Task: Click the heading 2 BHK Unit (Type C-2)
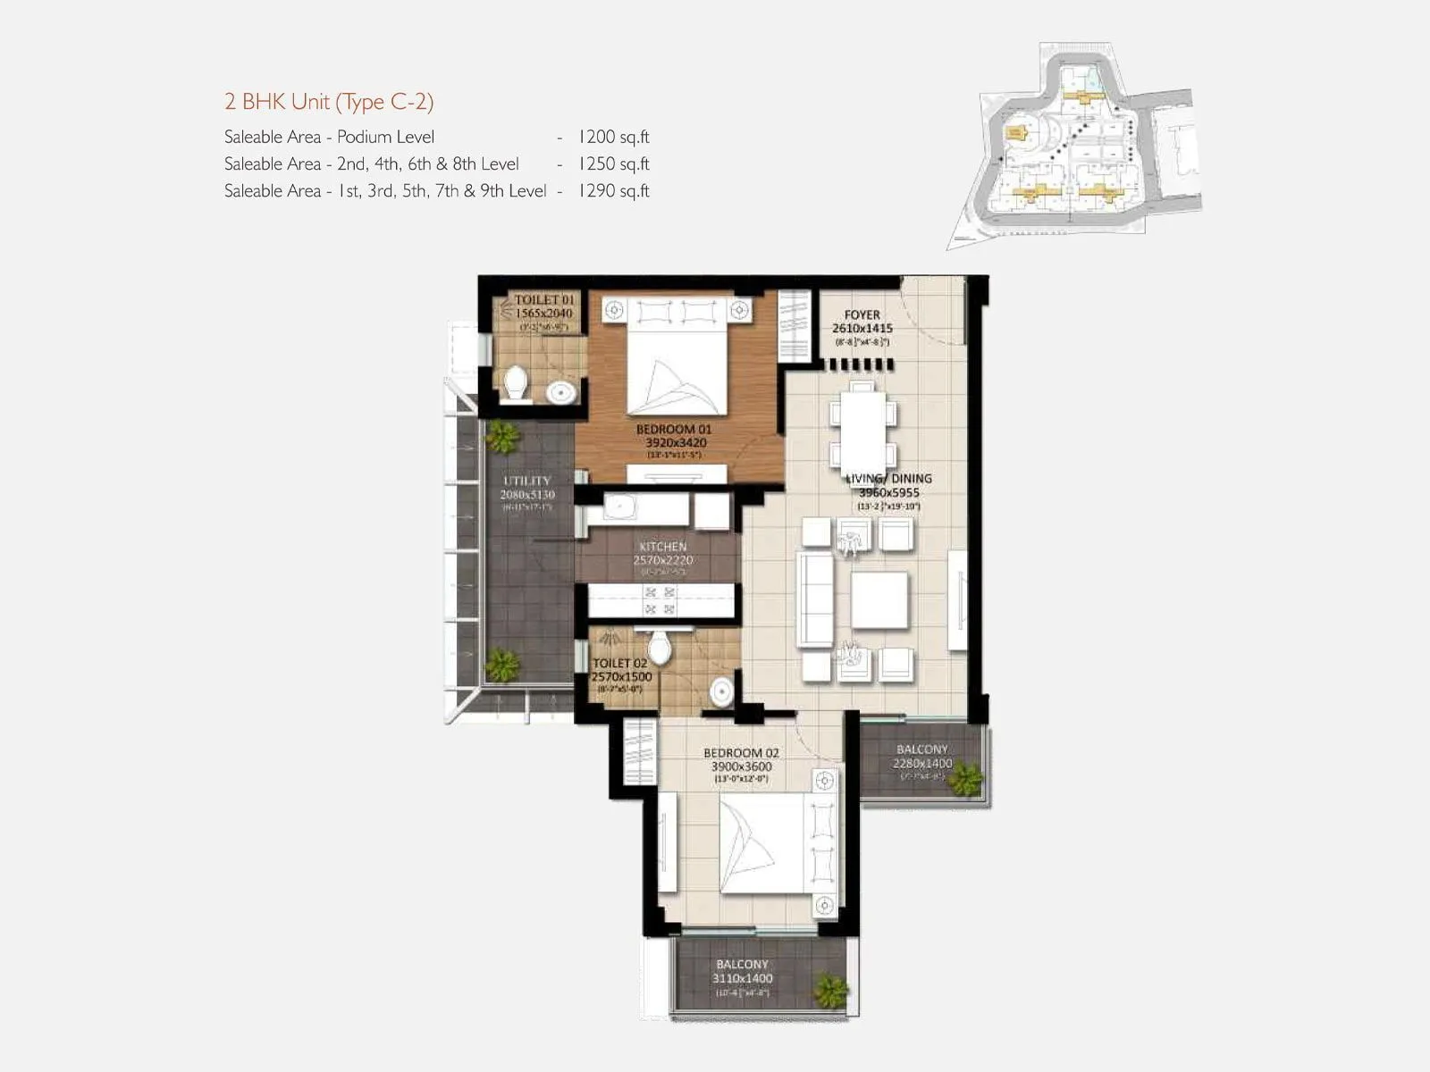point(329,102)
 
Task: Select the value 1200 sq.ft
point(613,137)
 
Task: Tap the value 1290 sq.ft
point(613,190)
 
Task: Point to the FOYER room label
point(862,314)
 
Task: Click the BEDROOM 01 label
point(674,430)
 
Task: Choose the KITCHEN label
point(663,547)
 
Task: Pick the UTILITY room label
point(527,481)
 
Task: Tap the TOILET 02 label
point(620,664)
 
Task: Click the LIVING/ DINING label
point(888,479)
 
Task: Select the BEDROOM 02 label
point(741,753)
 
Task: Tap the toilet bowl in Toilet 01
point(516,384)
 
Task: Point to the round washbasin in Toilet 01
point(561,391)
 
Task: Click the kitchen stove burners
point(660,600)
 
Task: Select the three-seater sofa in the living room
point(815,598)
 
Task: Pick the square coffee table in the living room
point(879,600)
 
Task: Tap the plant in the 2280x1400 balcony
point(965,779)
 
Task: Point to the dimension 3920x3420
point(677,442)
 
